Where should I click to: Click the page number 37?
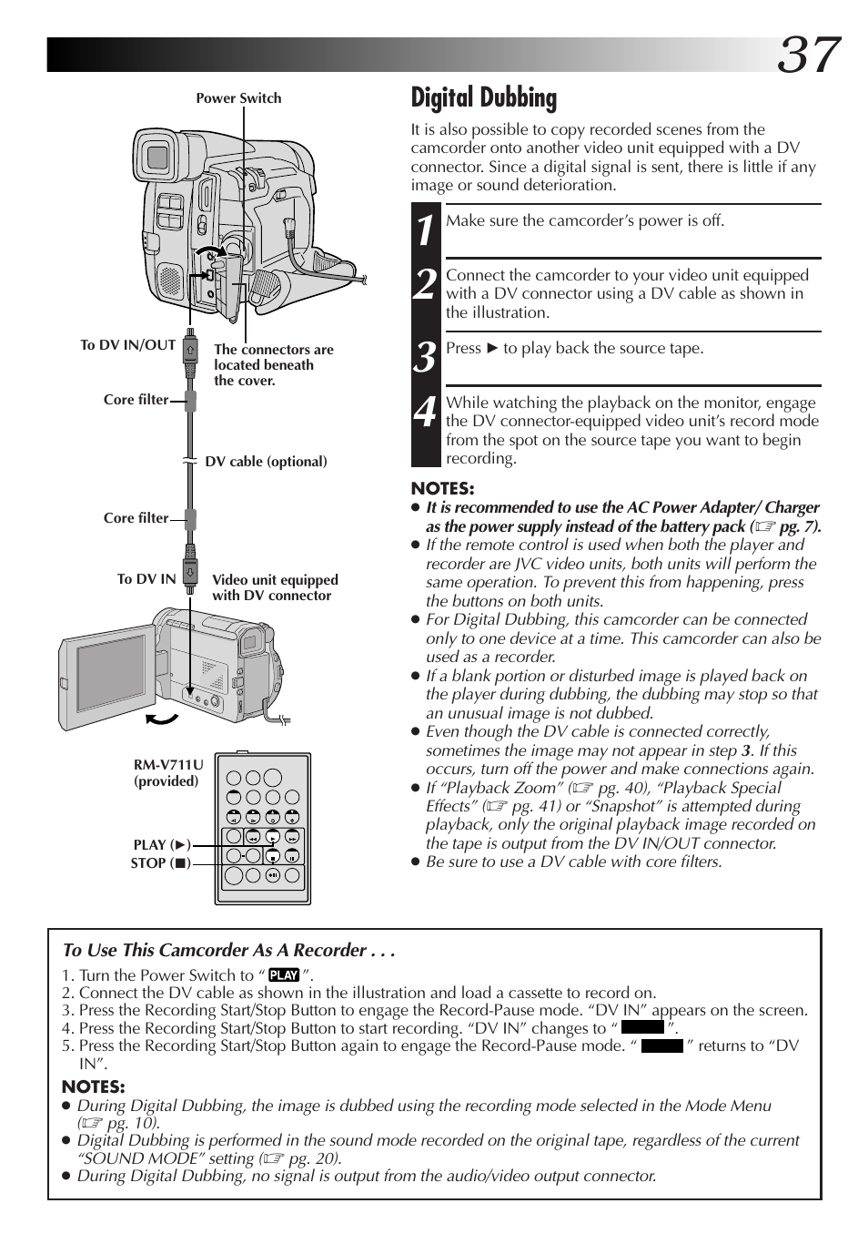point(808,54)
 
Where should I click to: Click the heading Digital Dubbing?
point(484,97)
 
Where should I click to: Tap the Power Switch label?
point(238,98)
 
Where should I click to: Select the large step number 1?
point(426,230)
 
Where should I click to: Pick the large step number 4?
point(426,412)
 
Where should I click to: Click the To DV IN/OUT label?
point(127,345)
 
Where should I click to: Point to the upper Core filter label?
point(136,400)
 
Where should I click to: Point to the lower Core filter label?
point(136,518)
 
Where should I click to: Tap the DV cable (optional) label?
point(266,462)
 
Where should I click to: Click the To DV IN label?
point(146,579)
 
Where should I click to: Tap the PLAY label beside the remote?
point(162,845)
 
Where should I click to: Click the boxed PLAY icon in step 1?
point(284,975)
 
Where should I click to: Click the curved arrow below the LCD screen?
point(162,719)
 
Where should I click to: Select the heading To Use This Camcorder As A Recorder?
point(229,950)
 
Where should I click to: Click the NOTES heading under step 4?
point(442,489)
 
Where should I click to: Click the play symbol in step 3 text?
point(492,348)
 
